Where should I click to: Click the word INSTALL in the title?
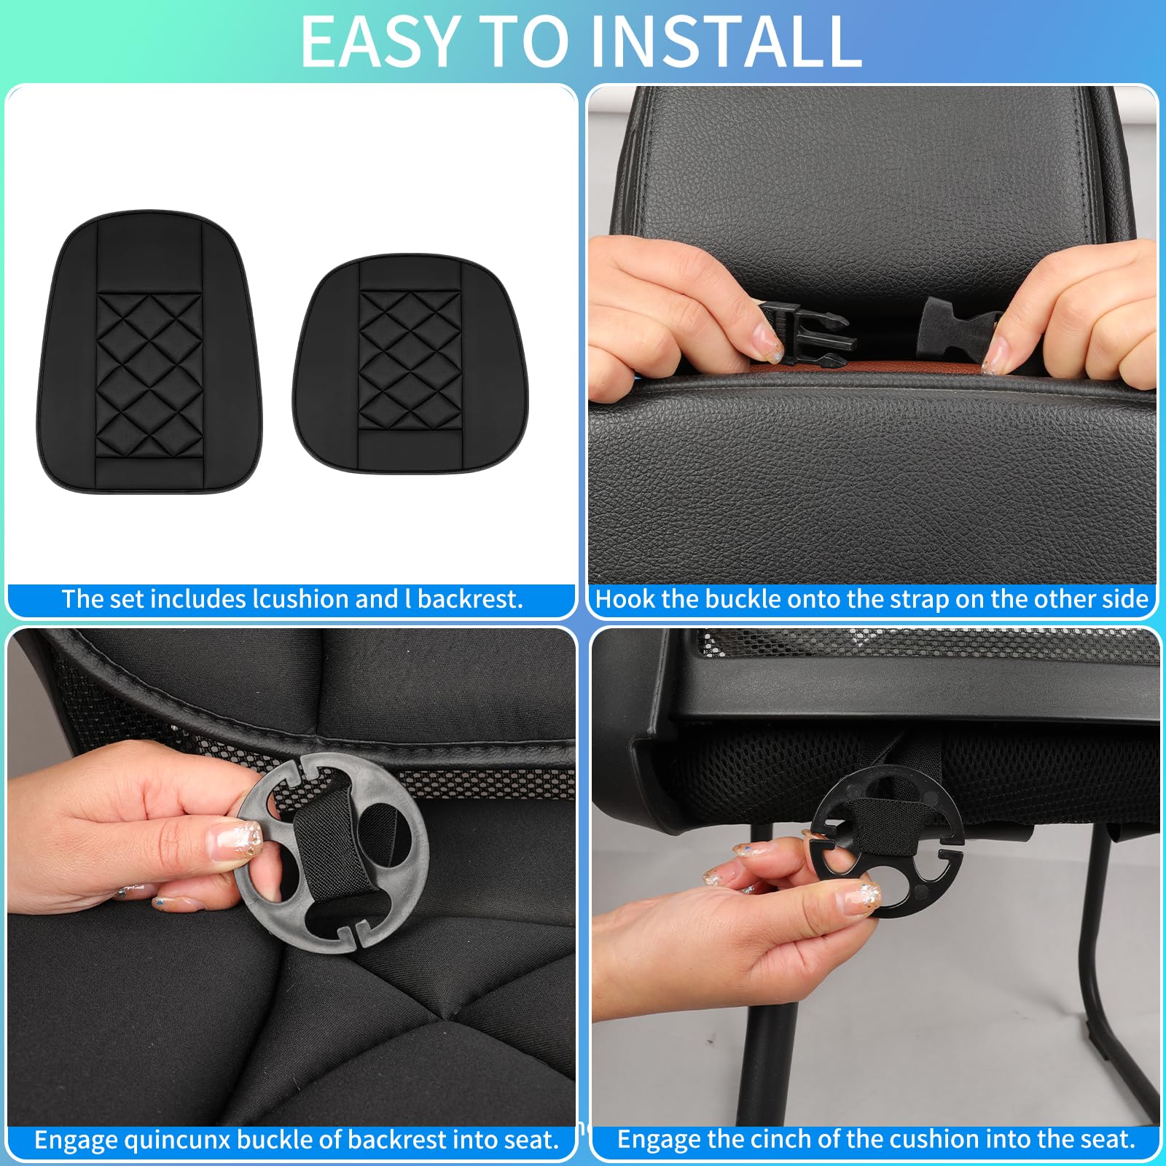[x=725, y=42]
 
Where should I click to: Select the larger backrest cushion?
[x=149, y=352]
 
